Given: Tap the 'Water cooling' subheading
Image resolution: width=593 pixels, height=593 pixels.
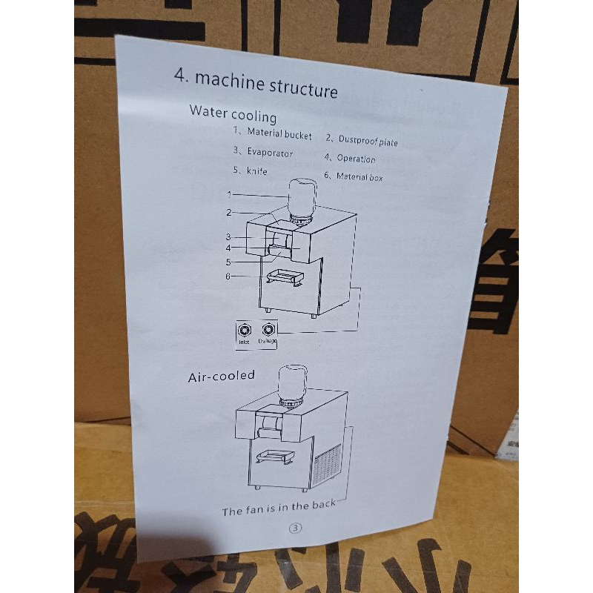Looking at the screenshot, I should pos(233,114).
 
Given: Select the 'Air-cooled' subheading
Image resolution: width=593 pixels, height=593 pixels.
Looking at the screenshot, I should pos(221,377).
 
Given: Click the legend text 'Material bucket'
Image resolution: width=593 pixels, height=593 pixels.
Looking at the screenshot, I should pos(279,134).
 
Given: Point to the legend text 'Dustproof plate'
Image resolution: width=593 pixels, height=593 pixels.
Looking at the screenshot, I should pos(368,139).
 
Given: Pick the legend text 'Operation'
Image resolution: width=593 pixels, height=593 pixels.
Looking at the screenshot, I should pos(356,158).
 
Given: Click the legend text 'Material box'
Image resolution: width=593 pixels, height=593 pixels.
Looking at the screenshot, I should pos(360,176).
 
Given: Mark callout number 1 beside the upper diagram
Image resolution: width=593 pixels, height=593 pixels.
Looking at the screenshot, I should pos(230,195).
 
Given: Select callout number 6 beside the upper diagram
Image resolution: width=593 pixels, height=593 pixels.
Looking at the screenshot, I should pos(228,276).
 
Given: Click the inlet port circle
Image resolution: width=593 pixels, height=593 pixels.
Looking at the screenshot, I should pos(243,331).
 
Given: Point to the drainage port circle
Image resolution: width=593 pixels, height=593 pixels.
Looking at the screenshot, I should pos(267,331).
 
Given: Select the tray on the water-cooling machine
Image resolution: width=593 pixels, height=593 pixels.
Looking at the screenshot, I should pos(285,276).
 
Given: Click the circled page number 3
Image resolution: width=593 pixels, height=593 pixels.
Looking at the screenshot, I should pos(296,529).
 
